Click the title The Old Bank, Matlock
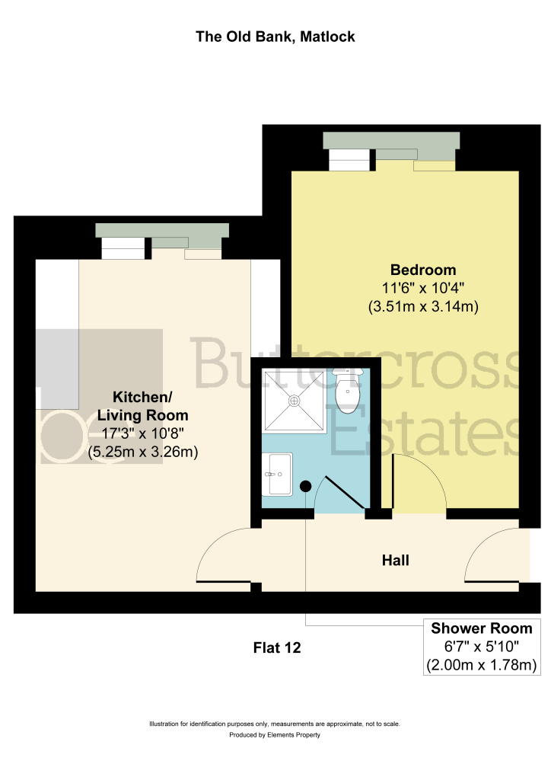click(275, 37)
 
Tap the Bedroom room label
click(423, 270)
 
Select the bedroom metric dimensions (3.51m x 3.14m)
click(423, 306)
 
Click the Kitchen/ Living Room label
click(142, 406)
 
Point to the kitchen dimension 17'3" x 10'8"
click(142, 433)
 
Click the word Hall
click(396, 560)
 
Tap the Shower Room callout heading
click(482, 628)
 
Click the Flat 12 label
click(277, 647)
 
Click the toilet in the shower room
click(348, 389)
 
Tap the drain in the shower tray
click(295, 400)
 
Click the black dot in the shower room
click(305, 487)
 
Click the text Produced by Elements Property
click(275, 735)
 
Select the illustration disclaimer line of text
click(275, 724)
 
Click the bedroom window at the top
click(391, 147)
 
